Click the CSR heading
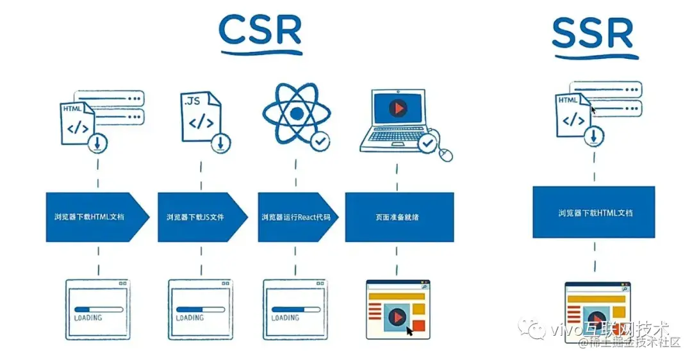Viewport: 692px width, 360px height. coord(260,29)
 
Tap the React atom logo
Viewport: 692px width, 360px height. coord(296,113)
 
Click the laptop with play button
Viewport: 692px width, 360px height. coord(397,119)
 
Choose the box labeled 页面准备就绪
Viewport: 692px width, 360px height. coord(399,217)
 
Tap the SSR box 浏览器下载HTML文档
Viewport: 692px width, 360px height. coord(593,212)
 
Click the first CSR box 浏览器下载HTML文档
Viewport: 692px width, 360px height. coord(94,217)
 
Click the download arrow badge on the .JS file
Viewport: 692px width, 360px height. coord(220,142)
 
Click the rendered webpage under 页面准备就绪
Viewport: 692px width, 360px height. coord(398,309)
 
